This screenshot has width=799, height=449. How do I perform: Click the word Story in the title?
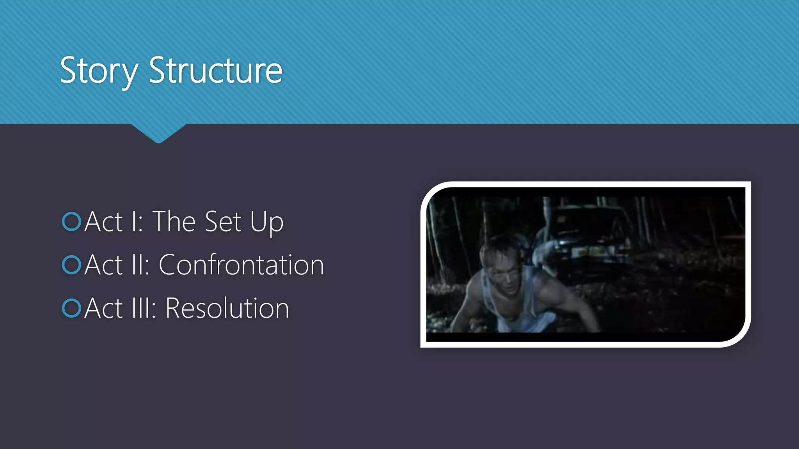pos(99,71)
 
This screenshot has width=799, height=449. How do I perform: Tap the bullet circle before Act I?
pos(71,221)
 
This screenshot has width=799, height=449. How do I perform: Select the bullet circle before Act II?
pos(71,265)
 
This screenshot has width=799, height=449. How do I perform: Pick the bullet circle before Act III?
pos(71,308)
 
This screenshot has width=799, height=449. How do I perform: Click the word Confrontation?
pos(241,265)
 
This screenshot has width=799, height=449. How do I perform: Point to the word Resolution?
pos(227,308)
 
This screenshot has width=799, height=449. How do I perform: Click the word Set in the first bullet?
pos(223,221)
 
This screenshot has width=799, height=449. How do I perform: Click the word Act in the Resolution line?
pos(104,308)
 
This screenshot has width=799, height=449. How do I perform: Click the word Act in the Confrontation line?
pos(104,265)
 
